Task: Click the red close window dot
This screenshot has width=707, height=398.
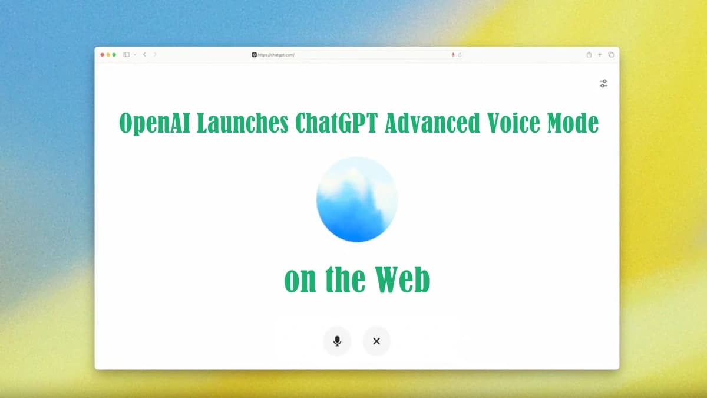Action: point(103,55)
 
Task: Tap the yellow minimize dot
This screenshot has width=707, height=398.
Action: point(108,55)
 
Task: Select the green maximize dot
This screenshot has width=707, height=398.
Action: point(114,55)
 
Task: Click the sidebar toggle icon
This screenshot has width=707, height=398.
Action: point(126,55)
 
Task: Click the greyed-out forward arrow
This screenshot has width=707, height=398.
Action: point(154,55)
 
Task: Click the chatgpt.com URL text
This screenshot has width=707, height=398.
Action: point(276,55)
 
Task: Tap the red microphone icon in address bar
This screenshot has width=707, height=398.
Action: point(453,55)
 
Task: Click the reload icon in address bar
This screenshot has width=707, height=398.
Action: point(460,55)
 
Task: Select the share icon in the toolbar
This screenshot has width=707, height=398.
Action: point(589,54)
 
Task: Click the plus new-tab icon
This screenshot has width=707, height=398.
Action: point(600,55)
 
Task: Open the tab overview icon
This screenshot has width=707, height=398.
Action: point(611,55)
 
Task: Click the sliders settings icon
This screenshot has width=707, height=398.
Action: point(603,83)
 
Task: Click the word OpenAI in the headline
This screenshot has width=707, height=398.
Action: point(154,123)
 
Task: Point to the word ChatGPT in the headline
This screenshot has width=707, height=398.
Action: point(336,123)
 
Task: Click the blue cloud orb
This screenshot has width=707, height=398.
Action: point(357,199)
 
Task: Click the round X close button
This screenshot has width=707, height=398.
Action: point(376,341)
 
